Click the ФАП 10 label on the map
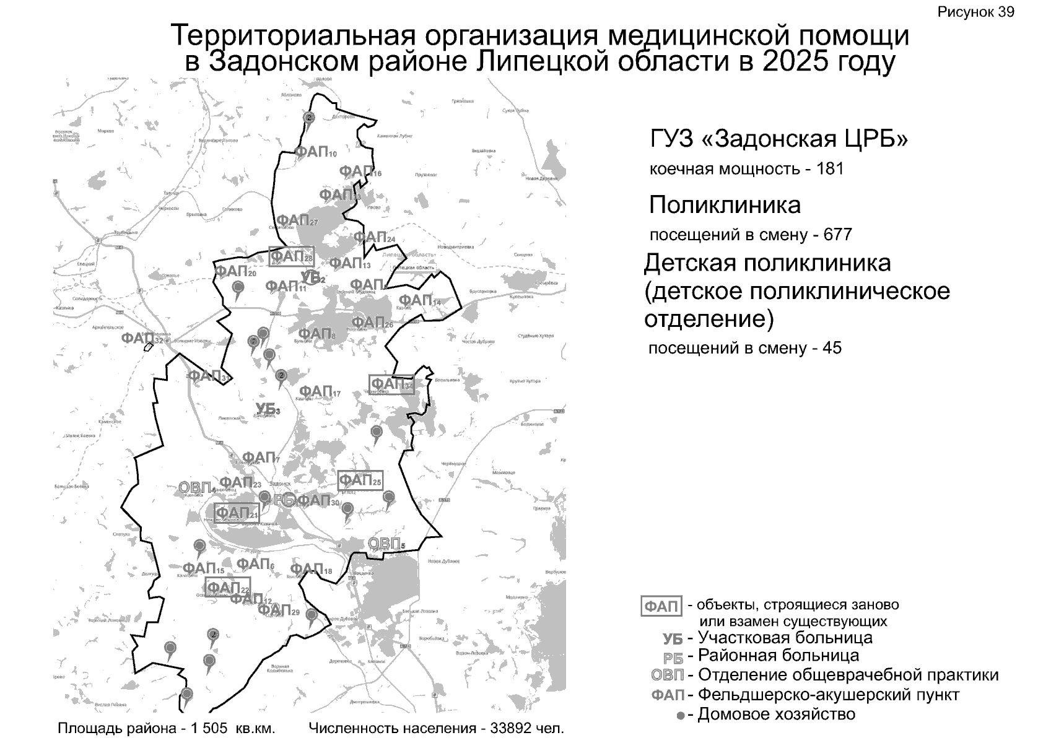(x=315, y=152)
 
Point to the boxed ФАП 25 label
(x=360, y=480)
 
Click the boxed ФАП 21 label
(x=236, y=513)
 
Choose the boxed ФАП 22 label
(x=228, y=586)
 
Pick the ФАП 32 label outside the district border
(x=142, y=339)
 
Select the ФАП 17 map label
(x=320, y=392)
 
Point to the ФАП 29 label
(x=278, y=610)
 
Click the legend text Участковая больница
(x=785, y=638)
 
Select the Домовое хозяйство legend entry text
(x=776, y=715)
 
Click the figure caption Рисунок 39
(x=975, y=12)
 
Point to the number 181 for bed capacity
(x=830, y=169)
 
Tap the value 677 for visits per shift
(x=837, y=235)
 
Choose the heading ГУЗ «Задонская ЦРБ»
(x=778, y=139)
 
